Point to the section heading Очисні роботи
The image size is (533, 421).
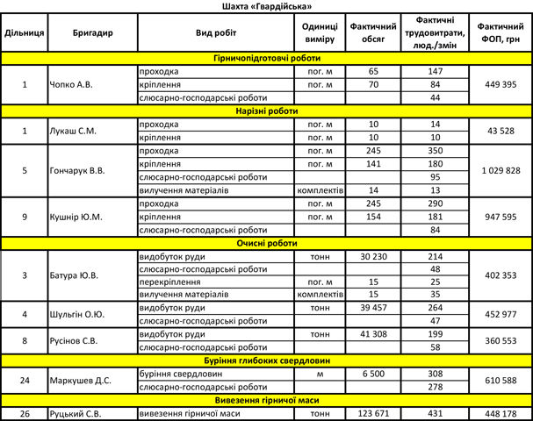[x=266, y=243]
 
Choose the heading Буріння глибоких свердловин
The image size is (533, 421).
[x=266, y=360]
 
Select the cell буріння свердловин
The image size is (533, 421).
[x=176, y=373]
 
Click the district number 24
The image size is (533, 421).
[x=25, y=380]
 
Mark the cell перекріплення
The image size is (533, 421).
[x=169, y=282]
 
